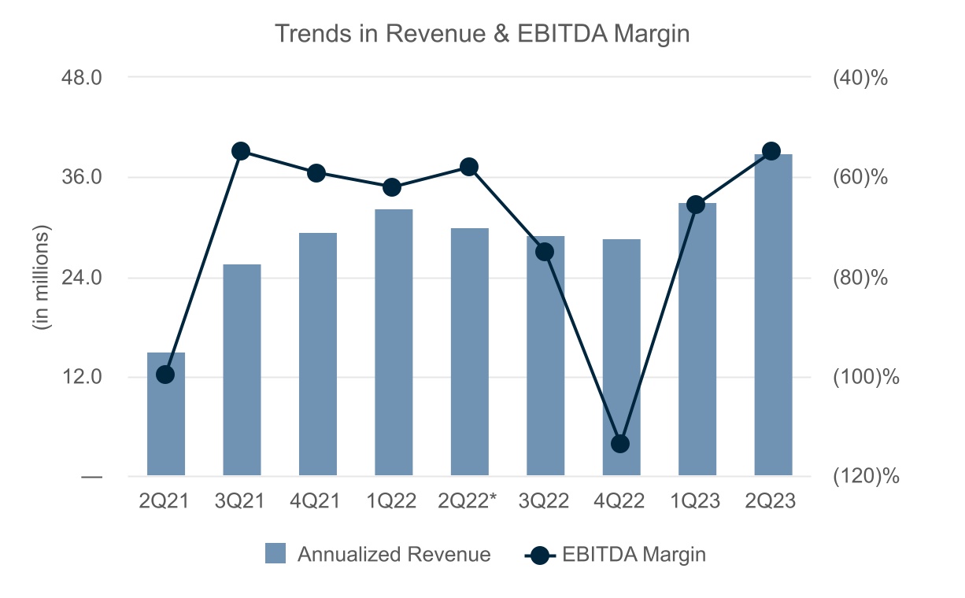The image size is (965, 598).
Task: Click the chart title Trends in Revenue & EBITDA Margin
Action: tap(482, 34)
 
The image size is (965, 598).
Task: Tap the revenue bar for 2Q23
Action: tap(773, 315)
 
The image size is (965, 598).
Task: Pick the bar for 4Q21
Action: tap(318, 354)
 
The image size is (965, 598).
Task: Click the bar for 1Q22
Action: tap(394, 342)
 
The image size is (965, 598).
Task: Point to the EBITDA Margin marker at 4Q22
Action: tap(620, 444)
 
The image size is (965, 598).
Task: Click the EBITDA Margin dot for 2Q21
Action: tap(165, 375)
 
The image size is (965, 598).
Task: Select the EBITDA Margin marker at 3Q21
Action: tap(241, 151)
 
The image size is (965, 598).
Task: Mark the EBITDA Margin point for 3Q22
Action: tap(545, 252)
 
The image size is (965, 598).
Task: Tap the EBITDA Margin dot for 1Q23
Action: tap(696, 205)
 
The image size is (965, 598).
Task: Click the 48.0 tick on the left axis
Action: tap(82, 78)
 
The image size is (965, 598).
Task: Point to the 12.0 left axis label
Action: tap(82, 377)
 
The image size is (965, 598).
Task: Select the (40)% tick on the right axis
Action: tap(860, 78)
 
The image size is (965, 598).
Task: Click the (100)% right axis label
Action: tap(865, 377)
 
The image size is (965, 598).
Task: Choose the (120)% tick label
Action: tap(865, 476)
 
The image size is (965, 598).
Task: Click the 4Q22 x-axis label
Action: tap(620, 501)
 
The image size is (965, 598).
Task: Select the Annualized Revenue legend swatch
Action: tap(275, 554)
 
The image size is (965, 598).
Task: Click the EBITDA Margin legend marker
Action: tap(539, 555)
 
